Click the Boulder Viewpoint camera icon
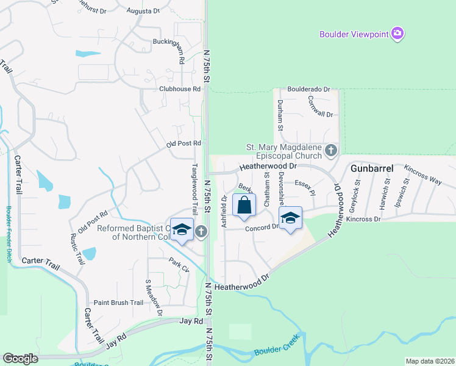coord(398,34)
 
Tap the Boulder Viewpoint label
coord(354,34)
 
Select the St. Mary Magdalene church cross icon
coord(331,150)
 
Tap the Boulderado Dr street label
coord(308,89)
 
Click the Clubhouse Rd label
coord(180,88)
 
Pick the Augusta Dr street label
coord(143,11)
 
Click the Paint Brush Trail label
coord(118,303)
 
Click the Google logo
coord(20,359)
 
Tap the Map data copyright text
coord(429,361)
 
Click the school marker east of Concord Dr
coord(290,218)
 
